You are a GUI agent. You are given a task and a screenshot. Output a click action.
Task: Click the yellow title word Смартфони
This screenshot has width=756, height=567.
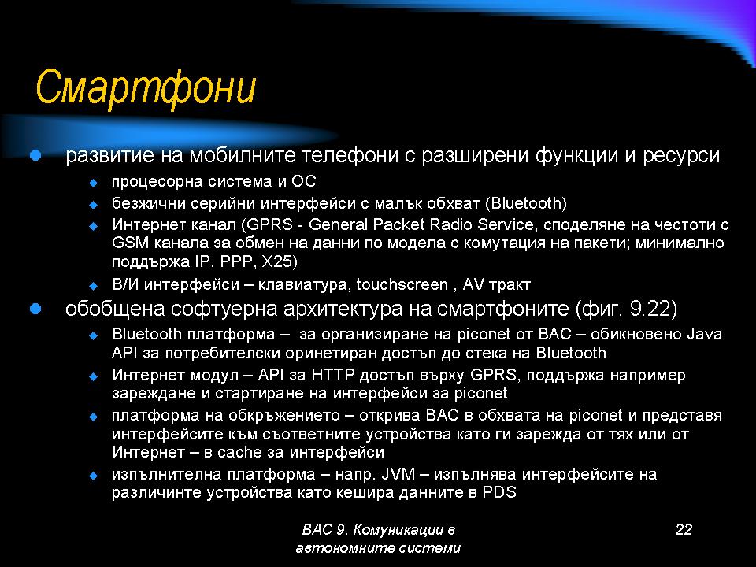click(145, 87)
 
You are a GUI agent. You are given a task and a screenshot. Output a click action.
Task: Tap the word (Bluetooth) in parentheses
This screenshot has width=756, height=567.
click(526, 203)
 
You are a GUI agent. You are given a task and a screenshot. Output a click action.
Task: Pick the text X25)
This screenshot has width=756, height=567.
click(279, 261)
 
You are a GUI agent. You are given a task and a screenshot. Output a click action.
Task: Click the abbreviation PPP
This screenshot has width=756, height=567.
click(236, 261)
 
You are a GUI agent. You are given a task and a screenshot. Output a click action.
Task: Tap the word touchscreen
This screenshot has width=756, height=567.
click(402, 284)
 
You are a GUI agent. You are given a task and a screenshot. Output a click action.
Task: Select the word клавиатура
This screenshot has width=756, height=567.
click(302, 285)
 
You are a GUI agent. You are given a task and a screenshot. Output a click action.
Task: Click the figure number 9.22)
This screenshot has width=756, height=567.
click(654, 309)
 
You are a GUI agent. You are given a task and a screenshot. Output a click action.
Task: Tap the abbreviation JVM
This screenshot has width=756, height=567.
click(398, 474)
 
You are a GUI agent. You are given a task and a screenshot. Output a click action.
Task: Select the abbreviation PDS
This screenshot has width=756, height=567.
click(499, 493)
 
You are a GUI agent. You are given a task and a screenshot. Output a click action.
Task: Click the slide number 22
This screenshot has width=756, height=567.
click(684, 529)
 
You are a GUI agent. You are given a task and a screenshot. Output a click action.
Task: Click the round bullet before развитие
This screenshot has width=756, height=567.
click(35, 155)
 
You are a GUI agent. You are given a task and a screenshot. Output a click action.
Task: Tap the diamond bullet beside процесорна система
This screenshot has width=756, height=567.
click(93, 183)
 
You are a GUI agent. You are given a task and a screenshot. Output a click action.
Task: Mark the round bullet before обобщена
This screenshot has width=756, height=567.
click(35, 309)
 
